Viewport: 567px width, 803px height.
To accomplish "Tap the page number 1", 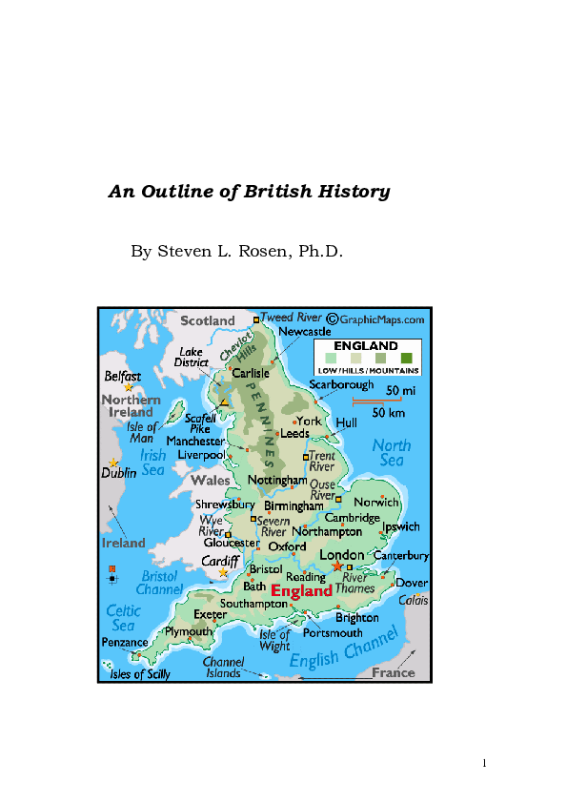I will coord(484,762).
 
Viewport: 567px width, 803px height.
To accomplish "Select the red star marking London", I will coord(336,566).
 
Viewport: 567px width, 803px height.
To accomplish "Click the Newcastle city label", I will coord(305,331).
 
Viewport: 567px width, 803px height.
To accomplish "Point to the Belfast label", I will coord(122,377).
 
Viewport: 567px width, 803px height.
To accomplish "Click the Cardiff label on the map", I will coord(220,562).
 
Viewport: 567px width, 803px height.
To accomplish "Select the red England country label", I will coord(302,591).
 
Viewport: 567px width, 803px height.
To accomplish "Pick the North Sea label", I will coord(392,452).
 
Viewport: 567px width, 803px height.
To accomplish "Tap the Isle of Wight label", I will coord(274,640).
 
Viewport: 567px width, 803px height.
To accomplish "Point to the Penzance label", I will coord(125,642).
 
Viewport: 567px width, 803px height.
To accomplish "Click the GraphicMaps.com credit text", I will coord(380,319).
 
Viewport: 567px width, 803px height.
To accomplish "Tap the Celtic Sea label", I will coord(124,618).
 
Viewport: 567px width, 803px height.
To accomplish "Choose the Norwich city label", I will coord(376,502).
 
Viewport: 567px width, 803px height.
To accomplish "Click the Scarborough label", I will coord(341,384).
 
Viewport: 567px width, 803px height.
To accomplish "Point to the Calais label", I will coord(413,600).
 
